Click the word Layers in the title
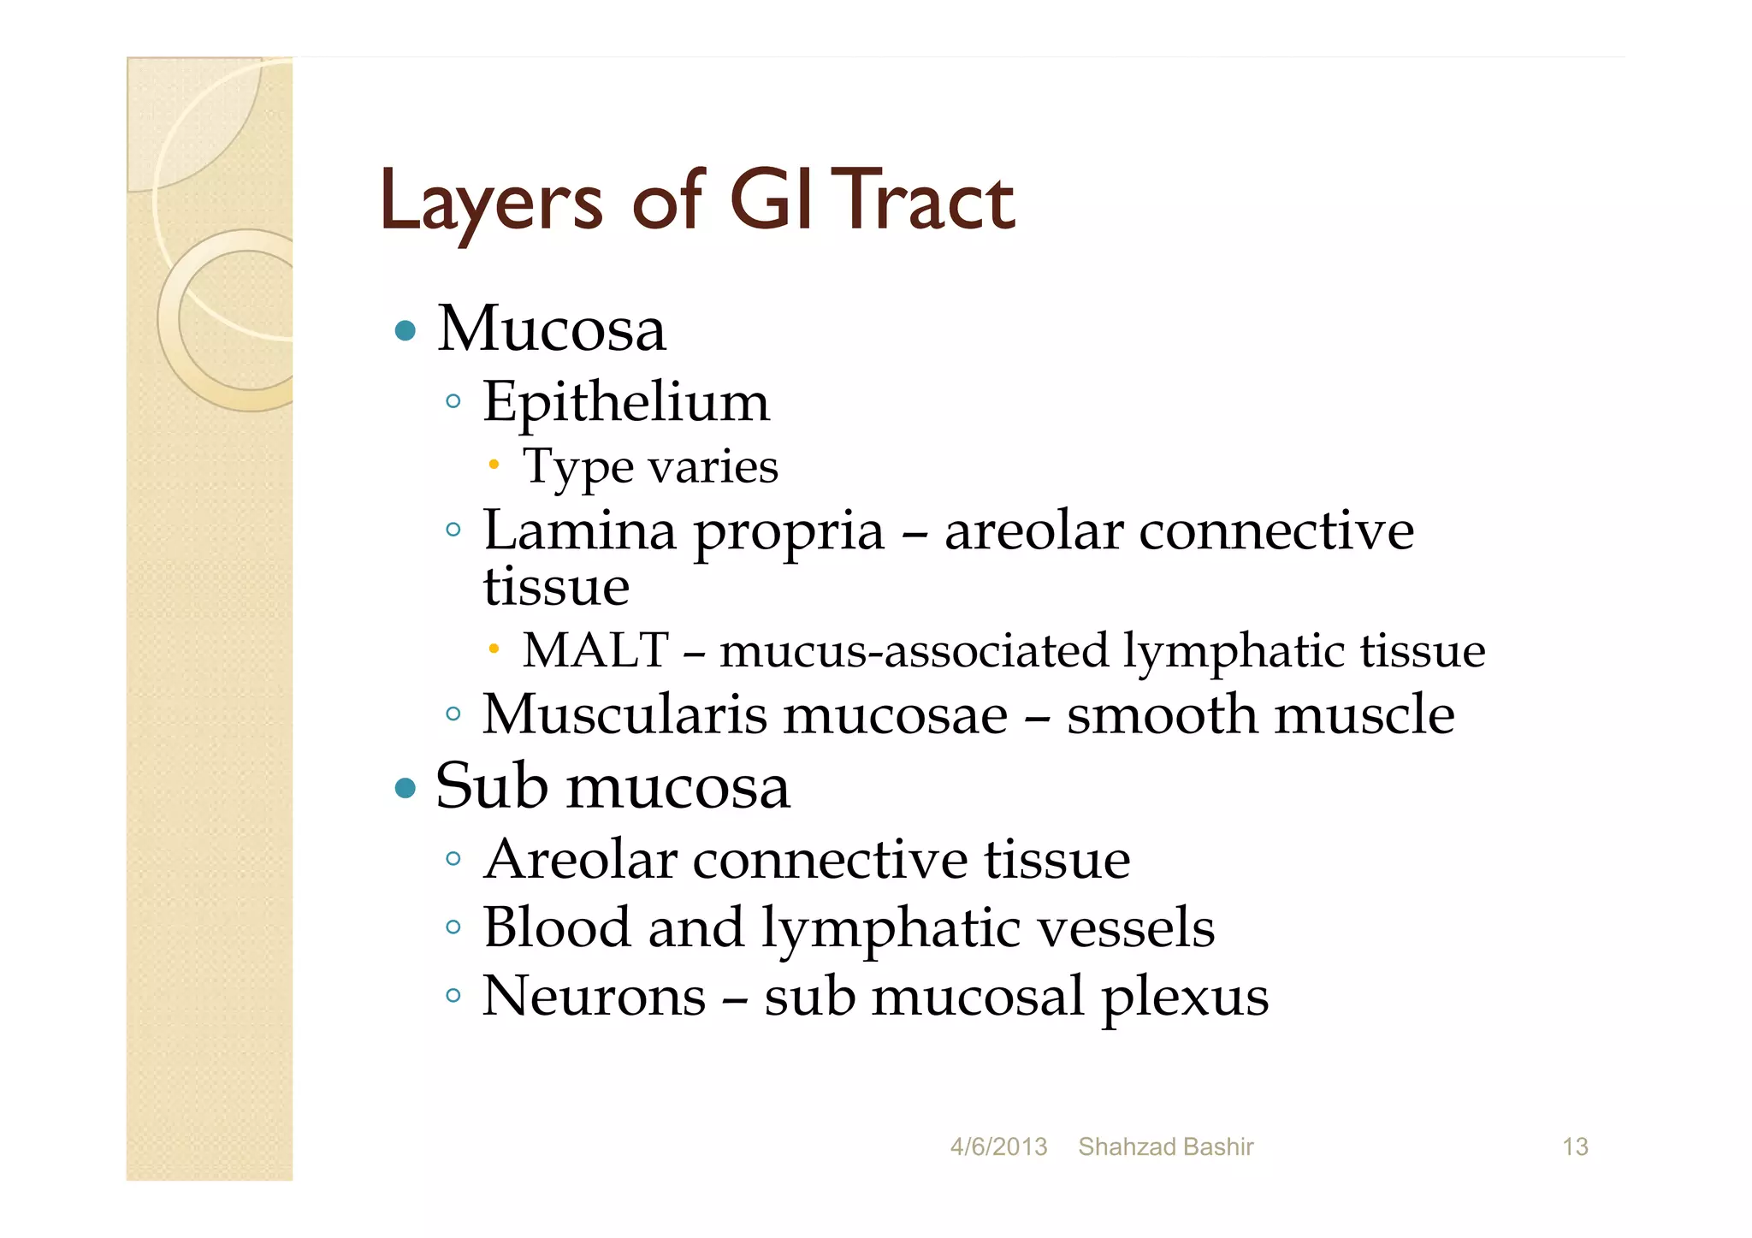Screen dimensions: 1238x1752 coord(491,203)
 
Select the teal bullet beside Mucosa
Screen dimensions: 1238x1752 coord(405,330)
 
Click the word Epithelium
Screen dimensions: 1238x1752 coord(626,402)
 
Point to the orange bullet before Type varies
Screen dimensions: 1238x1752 coord(494,465)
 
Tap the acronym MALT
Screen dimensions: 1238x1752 coord(595,650)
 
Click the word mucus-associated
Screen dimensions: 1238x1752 coord(914,651)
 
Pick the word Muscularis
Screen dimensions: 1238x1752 coord(624,714)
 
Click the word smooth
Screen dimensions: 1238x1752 coord(1163,714)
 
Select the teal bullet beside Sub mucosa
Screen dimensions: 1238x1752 coord(405,787)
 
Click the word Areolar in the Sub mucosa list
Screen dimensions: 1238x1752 coord(581,859)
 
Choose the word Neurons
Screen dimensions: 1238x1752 coord(594,996)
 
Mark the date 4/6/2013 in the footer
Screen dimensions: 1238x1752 coord(998,1146)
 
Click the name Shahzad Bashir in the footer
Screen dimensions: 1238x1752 coord(1165,1146)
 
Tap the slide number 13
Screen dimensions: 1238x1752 coord(1575,1146)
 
